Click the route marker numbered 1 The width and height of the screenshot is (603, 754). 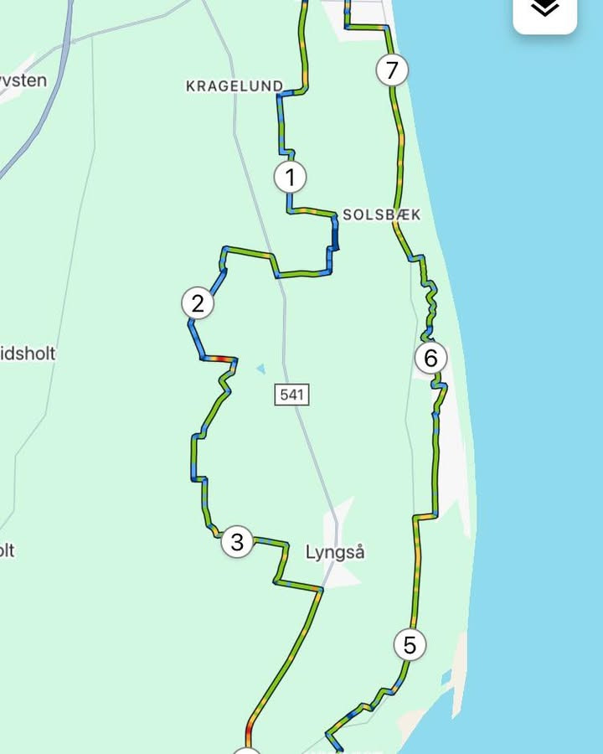click(290, 178)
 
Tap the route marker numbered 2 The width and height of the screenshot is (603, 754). click(198, 303)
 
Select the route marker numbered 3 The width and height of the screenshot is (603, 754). click(237, 542)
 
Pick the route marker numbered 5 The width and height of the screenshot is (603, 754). click(410, 645)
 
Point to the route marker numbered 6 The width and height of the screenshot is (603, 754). click(430, 359)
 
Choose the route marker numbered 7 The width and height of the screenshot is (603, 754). click(391, 70)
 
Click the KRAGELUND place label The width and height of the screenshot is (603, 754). click(234, 85)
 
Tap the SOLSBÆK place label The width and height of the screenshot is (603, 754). click(381, 214)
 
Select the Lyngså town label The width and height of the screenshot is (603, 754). click(335, 553)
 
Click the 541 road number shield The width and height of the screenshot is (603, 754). click(291, 394)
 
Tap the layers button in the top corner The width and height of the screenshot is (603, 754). click(545, 10)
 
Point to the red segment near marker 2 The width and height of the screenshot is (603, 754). click(219, 359)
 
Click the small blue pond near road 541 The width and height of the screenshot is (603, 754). click(261, 368)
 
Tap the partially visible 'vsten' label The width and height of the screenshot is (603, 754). click(23, 81)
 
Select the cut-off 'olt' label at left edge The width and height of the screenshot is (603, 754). click(7, 550)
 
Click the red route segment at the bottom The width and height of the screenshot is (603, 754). click(249, 734)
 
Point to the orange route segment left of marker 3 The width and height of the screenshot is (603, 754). click(216, 531)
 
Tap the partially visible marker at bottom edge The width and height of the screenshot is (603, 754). click(245, 750)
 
